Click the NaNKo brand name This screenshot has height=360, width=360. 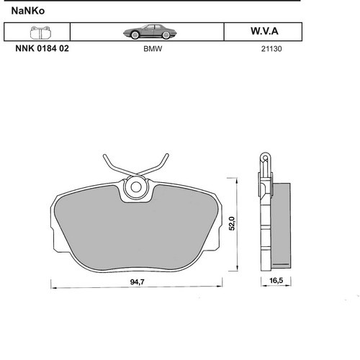pyautogui.click(x=28, y=11)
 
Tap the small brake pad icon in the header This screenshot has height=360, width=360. pyautogui.click(x=40, y=32)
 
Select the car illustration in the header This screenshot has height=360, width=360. pyautogui.click(x=150, y=32)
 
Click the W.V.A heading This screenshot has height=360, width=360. pyautogui.click(x=264, y=31)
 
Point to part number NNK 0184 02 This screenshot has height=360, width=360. pyautogui.click(x=42, y=48)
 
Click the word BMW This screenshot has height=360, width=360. pyautogui.click(x=153, y=49)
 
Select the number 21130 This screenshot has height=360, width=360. pyautogui.click(x=271, y=49)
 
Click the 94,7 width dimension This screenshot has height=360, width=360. pyautogui.click(x=138, y=282)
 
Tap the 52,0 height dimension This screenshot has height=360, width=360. pyautogui.click(x=232, y=223)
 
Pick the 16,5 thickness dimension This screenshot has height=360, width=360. pyautogui.click(x=276, y=280)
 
